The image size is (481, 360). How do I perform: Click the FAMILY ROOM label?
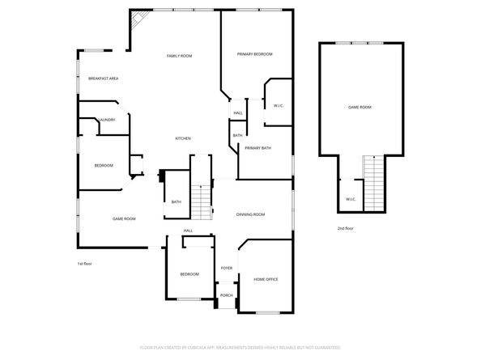179,56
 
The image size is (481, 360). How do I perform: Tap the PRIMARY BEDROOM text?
254,54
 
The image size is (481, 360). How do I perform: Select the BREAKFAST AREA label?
104,78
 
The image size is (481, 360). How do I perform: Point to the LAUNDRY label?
107,120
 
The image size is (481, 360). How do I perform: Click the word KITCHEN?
183,139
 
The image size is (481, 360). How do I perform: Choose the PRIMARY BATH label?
258,148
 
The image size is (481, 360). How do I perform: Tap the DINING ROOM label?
250,214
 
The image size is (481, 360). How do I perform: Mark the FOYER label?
227,268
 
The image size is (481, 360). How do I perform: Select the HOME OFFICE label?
266,279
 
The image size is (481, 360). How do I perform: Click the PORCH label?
227,295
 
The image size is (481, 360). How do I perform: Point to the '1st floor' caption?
86,264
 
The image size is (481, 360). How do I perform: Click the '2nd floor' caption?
346,229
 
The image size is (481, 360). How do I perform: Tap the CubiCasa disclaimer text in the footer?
240,347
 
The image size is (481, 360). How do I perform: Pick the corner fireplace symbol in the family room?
138,19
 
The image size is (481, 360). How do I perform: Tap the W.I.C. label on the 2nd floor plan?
351,199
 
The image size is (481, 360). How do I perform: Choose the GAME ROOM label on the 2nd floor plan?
360,107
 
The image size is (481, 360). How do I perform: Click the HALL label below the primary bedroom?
238,112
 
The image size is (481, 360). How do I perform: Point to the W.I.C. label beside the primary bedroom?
278,106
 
